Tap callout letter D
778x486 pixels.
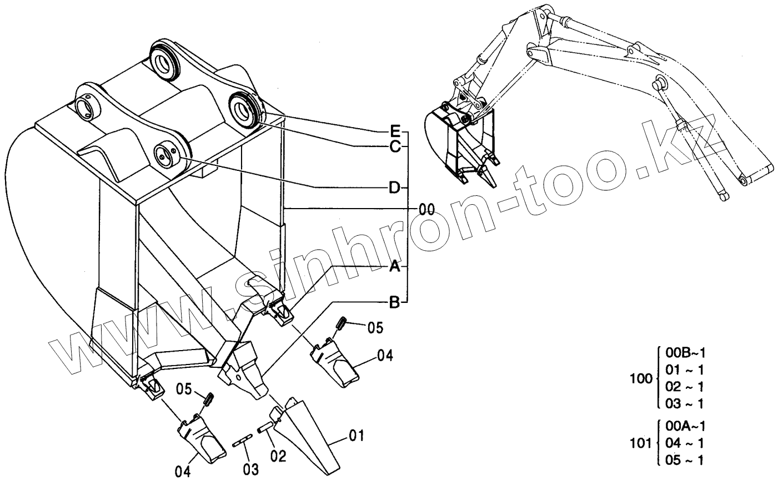coord(394,188)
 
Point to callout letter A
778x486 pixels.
coord(394,267)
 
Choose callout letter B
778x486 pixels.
coord(394,302)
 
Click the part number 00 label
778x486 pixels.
coord(426,209)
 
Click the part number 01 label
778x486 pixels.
coord(357,436)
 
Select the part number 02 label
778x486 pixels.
coord(278,456)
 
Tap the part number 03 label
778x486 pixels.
coord(251,469)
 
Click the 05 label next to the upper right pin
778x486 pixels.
coord(375,328)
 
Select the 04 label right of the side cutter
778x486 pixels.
coord(385,355)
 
